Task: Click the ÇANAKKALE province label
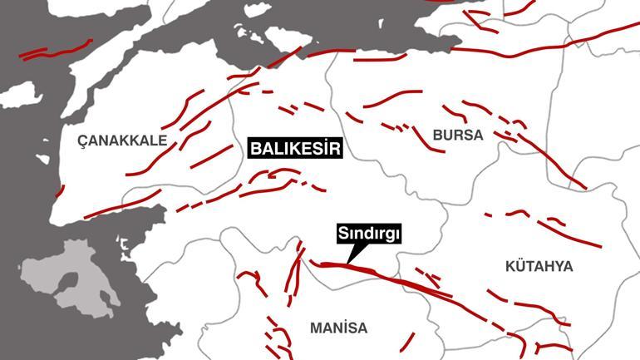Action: [122, 141]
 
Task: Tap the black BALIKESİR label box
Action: [296, 150]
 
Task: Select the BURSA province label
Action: [457, 135]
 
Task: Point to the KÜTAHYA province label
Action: [539, 266]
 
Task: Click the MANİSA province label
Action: [338, 328]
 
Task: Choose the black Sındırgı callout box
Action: [369, 234]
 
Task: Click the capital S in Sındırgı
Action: [342, 234]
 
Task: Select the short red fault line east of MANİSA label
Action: [408, 342]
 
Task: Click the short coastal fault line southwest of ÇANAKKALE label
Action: [59, 191]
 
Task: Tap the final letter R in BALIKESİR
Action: [337, 150]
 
